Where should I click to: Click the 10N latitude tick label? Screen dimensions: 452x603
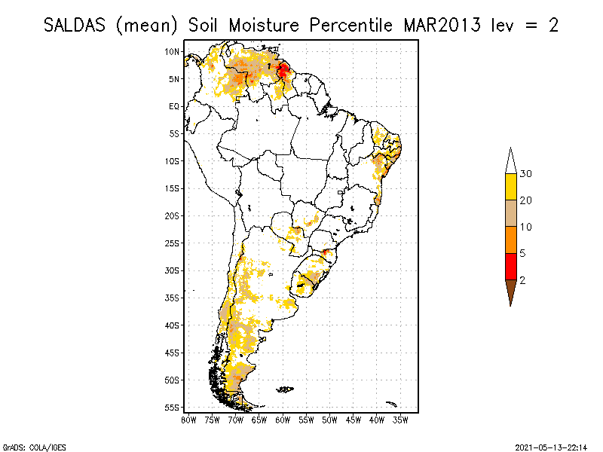[173, 51]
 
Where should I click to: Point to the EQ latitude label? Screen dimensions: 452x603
[173, 106]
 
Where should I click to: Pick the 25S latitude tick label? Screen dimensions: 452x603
[172, 243]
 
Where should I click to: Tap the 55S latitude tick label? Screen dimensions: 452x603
[172, 407]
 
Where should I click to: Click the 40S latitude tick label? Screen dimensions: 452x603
[172, 325]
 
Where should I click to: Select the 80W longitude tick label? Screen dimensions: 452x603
[188, 419]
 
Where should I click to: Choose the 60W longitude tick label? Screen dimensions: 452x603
[283, 419]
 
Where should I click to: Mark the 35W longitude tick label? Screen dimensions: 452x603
[401, 419]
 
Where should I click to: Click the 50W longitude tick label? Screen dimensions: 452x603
[330, 419]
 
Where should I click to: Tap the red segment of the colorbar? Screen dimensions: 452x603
[511, 266]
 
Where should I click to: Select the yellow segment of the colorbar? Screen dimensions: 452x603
[511, 187]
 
